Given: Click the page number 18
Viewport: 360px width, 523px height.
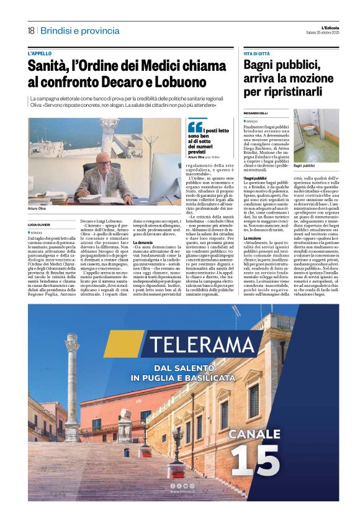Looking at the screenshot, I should (x=31, y=30).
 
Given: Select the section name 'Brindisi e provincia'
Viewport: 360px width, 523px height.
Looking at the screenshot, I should (x=80, y=30).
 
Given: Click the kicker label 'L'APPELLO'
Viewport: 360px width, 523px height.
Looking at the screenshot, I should (x=41, y=53).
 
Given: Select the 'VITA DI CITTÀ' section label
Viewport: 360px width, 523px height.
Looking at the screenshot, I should (x=257, y=54).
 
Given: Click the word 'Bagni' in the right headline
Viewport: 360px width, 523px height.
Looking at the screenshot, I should (x=260, y=66).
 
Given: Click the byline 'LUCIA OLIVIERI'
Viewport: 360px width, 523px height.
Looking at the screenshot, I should (x=40, y=224).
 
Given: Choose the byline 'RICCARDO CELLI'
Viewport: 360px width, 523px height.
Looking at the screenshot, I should (x=255, y=112).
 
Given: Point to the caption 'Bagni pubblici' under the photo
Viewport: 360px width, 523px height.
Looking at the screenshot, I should (x=304, y=166).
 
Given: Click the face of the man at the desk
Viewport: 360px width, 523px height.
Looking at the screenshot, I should (x=101, y=159).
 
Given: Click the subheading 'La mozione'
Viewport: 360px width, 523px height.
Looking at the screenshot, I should (x=253, y=238).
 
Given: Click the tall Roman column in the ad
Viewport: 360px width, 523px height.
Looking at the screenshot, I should (x=73, y=385).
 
